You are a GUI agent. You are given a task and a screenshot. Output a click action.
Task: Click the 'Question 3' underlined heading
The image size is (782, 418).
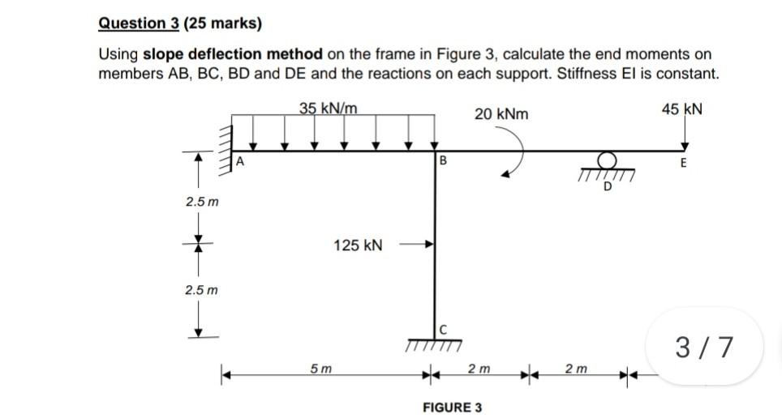coord(138,23)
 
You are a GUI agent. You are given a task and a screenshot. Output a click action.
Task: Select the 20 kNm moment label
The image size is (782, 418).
coord(501,114)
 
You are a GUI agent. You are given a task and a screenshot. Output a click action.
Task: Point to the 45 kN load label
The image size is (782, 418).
coord(681,109)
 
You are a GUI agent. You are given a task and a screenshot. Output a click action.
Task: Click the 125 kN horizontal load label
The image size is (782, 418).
coord(359,244)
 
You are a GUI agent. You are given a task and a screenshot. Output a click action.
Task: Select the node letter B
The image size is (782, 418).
coord(443,160)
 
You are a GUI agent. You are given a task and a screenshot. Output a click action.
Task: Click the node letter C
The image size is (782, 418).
coord(443,329)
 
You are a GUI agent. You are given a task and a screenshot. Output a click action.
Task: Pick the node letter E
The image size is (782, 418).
coord(683,163)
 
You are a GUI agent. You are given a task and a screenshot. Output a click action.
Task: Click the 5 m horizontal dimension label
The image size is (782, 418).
coord(320,369)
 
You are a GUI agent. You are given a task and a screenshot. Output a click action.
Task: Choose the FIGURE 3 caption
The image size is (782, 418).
coord(452,407)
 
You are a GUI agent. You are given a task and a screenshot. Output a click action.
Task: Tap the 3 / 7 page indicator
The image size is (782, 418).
coord(706,347)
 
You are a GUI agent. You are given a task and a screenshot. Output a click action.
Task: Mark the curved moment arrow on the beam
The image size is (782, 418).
coord(519,158)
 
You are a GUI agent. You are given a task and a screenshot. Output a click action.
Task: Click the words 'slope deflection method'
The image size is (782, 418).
coord(234,54)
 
